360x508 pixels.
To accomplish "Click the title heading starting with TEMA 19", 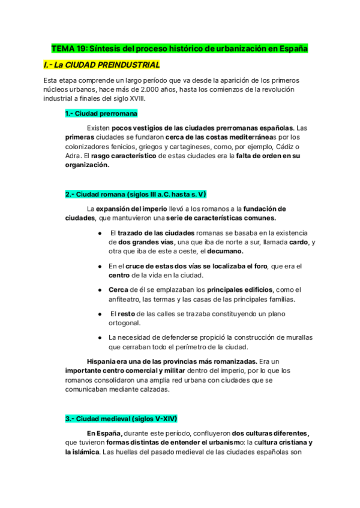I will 179,48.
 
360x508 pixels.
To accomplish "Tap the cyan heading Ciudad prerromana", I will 101,113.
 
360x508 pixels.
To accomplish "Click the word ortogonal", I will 128,323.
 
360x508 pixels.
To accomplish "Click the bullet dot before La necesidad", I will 99,338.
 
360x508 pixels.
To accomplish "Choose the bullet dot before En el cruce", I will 99,266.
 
